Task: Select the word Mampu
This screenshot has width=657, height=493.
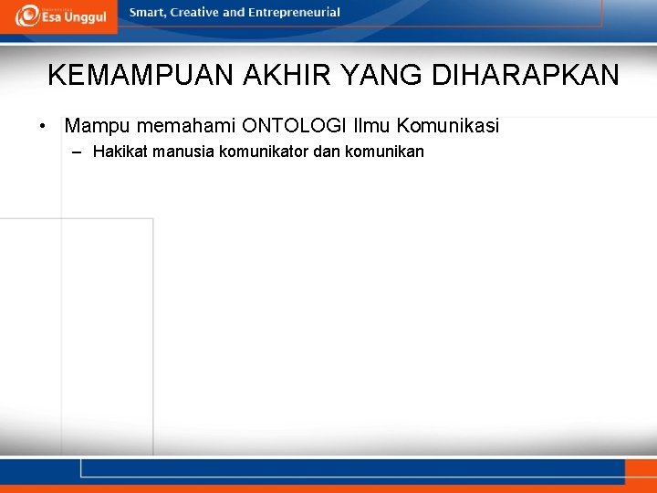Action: [96, 125]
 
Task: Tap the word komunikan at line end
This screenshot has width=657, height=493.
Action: [386, 152]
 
